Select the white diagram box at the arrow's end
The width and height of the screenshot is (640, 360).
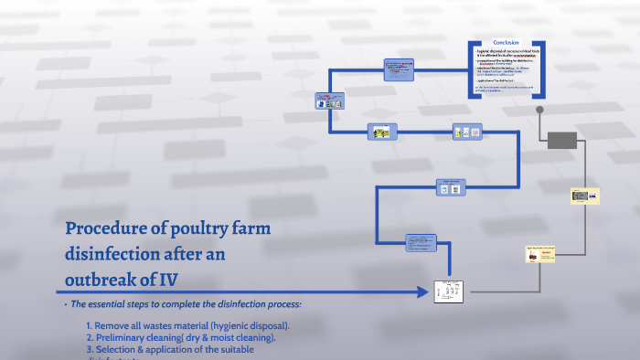click(451, 292)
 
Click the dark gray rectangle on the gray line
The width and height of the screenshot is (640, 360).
click(561, 140)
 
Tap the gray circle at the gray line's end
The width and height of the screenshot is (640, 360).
click(539, 110)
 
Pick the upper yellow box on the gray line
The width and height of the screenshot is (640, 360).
click(584, 196)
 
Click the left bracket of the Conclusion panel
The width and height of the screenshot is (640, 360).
click(471, 68)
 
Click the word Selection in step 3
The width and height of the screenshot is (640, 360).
click(122, 349)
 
